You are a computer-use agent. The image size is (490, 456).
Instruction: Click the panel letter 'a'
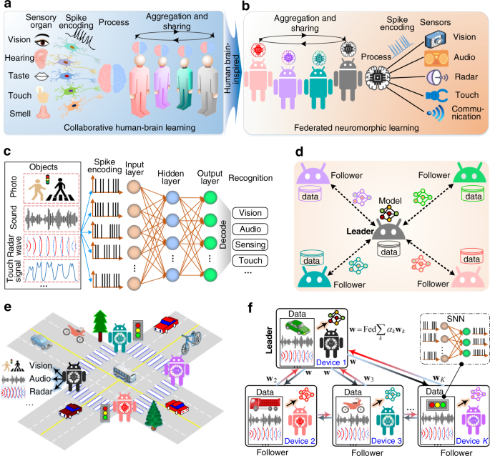[6, 6]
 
